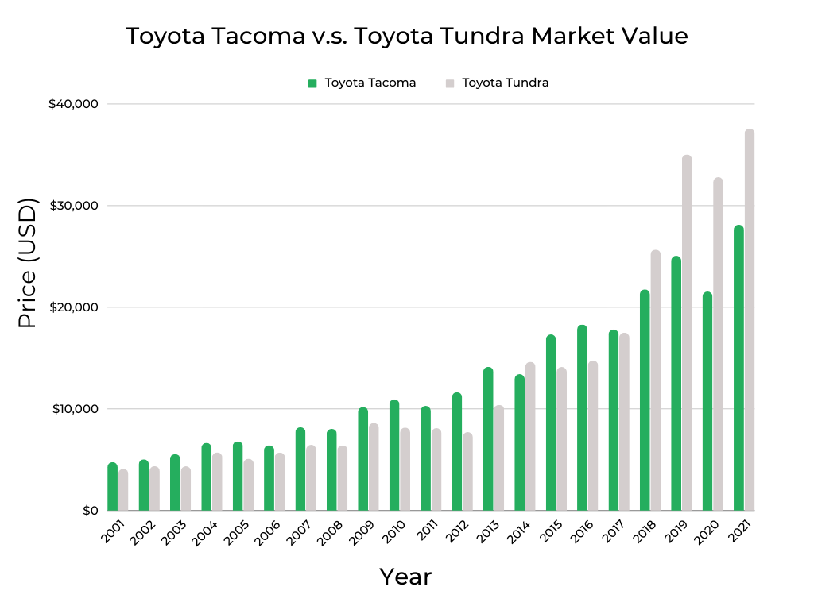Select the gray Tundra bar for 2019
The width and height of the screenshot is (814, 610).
687,333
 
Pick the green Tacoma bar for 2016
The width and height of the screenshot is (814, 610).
582,418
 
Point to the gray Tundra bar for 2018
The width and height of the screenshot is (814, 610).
656,380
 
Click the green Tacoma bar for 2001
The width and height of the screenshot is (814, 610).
112,487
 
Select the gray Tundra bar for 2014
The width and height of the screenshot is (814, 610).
530,437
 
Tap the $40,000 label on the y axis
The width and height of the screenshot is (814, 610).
74,104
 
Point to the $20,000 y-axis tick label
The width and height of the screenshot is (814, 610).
74,307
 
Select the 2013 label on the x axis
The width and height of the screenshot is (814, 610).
488,532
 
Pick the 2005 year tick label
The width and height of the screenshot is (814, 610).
237,532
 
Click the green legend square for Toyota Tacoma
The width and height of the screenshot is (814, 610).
312,83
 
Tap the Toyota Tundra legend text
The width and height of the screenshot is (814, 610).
505,83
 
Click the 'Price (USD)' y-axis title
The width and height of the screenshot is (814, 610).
28,264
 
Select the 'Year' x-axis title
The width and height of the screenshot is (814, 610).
405,577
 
